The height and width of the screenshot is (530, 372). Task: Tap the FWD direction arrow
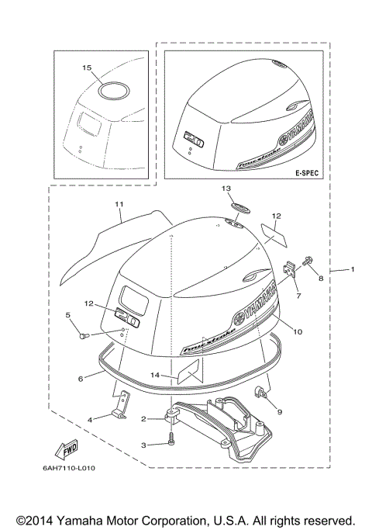click(65, 449)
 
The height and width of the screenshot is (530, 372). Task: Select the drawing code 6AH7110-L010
click(75, 468)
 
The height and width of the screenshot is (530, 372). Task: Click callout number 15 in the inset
click(87, 68)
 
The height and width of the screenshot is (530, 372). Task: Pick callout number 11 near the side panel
click(119, 204)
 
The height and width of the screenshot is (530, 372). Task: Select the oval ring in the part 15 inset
click(113, 89)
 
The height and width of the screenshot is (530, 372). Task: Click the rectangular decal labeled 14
click(188, 373)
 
